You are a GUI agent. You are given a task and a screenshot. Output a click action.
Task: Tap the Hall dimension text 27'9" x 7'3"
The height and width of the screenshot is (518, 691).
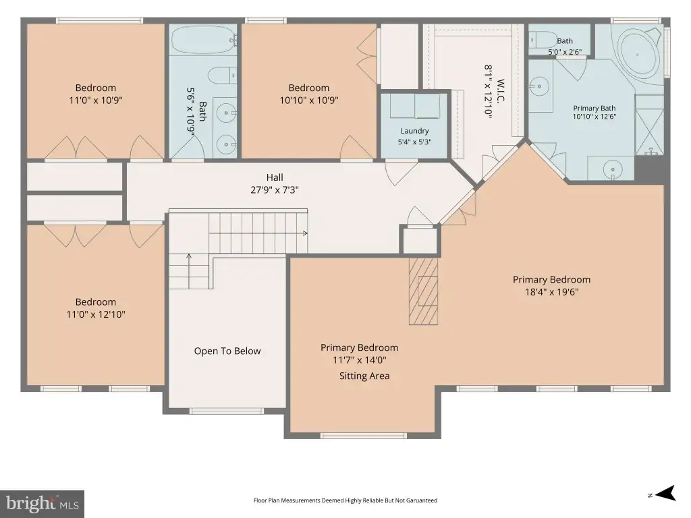click(275, 190)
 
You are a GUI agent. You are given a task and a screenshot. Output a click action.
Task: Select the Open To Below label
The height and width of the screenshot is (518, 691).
click(227, 351)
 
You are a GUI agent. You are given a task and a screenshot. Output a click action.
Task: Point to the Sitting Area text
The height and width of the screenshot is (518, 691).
click(364, 376)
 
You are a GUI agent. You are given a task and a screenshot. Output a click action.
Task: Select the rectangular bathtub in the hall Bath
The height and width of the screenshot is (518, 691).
click(203, 40)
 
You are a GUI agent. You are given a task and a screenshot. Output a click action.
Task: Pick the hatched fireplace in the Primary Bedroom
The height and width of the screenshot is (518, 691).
click(423, 291)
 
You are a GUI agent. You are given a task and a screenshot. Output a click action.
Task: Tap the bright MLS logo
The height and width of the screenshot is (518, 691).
click(43, 504)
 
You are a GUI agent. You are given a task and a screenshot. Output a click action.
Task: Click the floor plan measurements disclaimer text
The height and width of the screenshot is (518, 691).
click(345, 500)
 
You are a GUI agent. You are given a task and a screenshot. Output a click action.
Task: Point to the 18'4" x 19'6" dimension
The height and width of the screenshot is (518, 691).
click(551, 291)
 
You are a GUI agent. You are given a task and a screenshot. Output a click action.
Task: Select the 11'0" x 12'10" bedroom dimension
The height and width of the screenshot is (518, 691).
click(96, 314)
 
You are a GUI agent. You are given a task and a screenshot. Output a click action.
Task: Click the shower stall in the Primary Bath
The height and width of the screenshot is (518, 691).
click(649, 125)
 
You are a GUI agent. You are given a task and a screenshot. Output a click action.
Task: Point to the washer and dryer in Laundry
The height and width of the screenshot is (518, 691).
click(414, 106)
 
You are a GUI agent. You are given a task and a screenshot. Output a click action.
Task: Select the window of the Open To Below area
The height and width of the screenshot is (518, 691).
click(227, 411)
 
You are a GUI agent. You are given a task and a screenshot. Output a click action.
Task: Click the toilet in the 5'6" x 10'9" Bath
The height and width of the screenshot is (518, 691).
click(223, 75)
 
